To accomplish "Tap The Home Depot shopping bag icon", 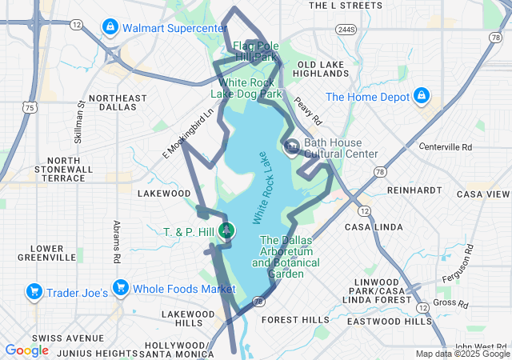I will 421,98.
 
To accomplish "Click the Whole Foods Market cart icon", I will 120,287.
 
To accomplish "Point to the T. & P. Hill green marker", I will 226,231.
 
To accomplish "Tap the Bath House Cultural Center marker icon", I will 292,146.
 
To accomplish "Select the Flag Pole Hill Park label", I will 255,51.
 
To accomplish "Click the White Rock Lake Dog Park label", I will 245,88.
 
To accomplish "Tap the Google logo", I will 26,350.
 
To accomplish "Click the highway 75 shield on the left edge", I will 29,106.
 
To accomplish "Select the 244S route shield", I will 346,30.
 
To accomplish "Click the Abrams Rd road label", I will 116,242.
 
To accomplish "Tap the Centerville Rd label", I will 446,147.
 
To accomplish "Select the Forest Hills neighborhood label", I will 296,319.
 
